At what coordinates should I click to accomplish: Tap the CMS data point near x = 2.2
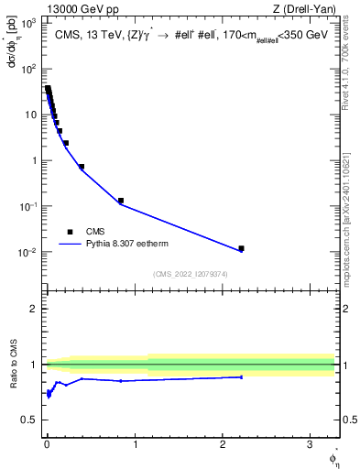click(242, 248)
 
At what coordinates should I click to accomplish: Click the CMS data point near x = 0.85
click(121, 201)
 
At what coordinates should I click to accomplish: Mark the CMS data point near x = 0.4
click(82, 167)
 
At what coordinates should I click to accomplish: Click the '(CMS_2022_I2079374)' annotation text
click(191, 273)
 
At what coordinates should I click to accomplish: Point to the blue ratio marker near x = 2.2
click(242, 376)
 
